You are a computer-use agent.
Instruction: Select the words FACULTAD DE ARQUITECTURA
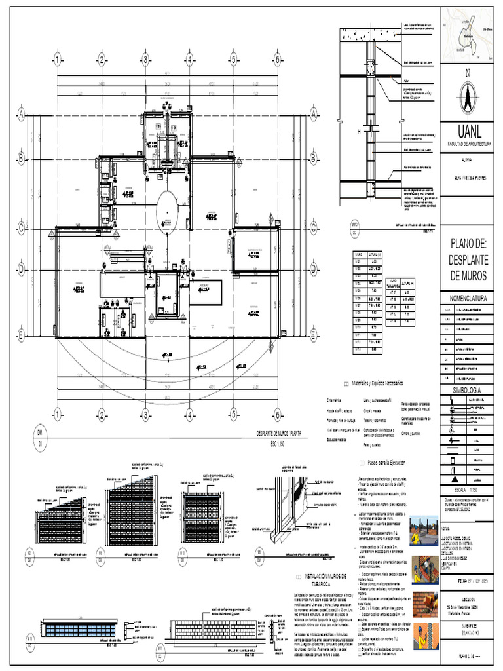tap(469, 142)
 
